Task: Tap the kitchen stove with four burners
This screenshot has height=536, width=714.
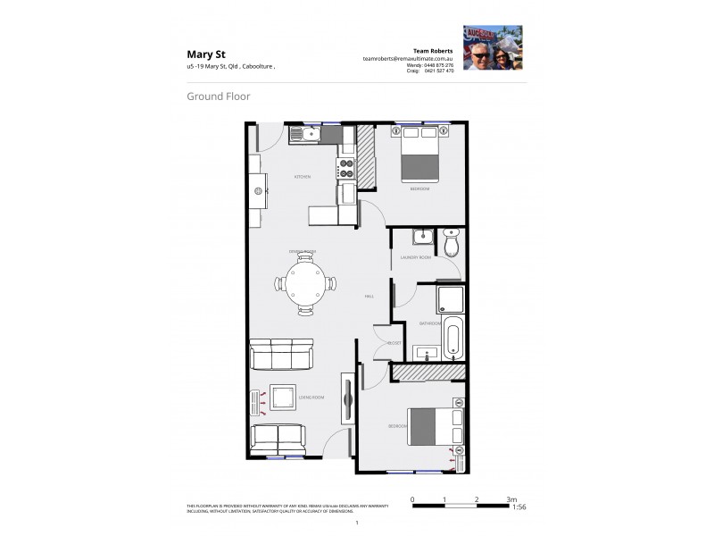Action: click(x=345, y=168)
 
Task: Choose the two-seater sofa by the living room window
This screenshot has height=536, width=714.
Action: click(x=278, y=439)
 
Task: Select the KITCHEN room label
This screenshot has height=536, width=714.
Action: click(x=302, y=177)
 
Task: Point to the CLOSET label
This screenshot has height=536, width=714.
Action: click(x=394, y=343)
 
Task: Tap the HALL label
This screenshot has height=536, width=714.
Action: click(x=368, y=295)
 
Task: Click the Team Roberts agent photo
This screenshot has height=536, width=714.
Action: click(x=492, y=46)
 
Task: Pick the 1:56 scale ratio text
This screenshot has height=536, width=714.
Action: click(x=519, y=507)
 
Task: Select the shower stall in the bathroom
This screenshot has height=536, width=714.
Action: click(x=450, y=300)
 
